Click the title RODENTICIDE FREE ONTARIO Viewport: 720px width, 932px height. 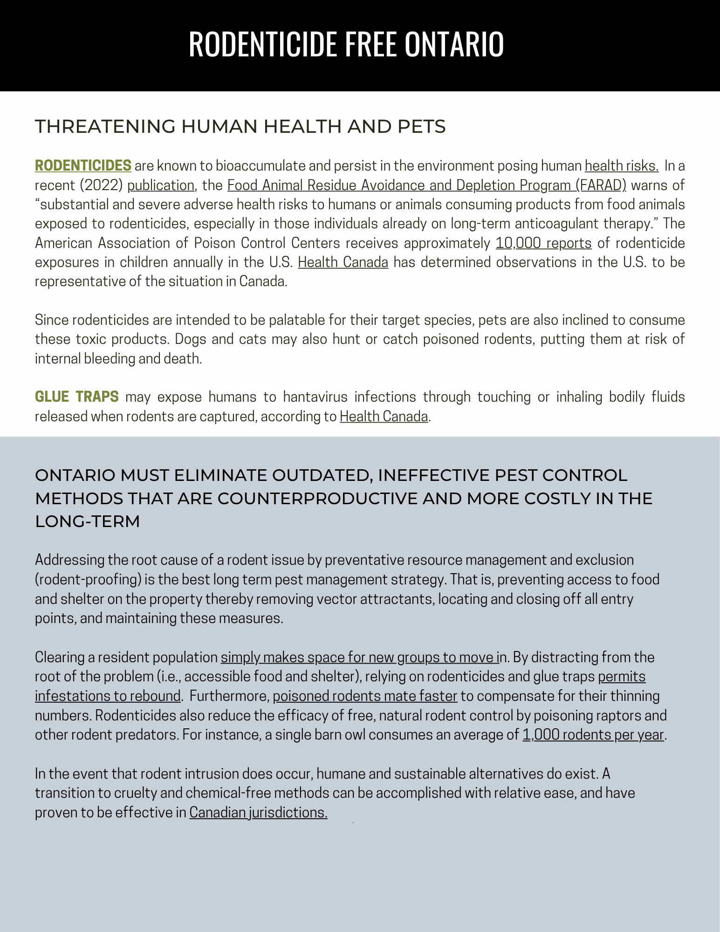pyautogui.click(x=346, y=45)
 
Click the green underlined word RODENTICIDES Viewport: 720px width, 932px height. pyautogui.click(x=83, y=165)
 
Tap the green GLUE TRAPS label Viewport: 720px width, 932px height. pyautogui.click(x=77, y=397)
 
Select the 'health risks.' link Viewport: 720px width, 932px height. pyautogui.click(x=621, y=166)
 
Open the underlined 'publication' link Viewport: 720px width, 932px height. pyautogui.click(x=161, y=185)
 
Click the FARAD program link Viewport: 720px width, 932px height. pyautogui.click(x=426, y=185)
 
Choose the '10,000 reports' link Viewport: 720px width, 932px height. pyautogui.click(x=543, y=243)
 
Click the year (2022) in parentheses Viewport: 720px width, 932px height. pyautogui.click(x=101, y=185)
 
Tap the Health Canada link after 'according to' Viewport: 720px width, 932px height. pyautogui.click(x=384, y=416)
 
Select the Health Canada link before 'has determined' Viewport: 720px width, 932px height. pyautogui.click(x=343, y=262)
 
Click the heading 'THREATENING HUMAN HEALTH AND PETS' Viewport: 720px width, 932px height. pyautogui.click(x=240, y=127)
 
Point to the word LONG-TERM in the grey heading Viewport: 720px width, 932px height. pyautogui.click(x=88, y=521)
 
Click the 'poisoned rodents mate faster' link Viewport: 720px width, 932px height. pyautogui.click(x=365, y=696)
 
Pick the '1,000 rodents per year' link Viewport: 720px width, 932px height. pyautogui.click(x=593, y=734)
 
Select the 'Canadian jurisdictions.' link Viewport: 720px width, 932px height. pyautogui.click(x=258, y=812)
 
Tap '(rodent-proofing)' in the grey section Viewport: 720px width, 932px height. pyautogui.click(x=88, y=579)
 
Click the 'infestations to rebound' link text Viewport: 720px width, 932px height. pyautogui.click(x=107, y=696)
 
